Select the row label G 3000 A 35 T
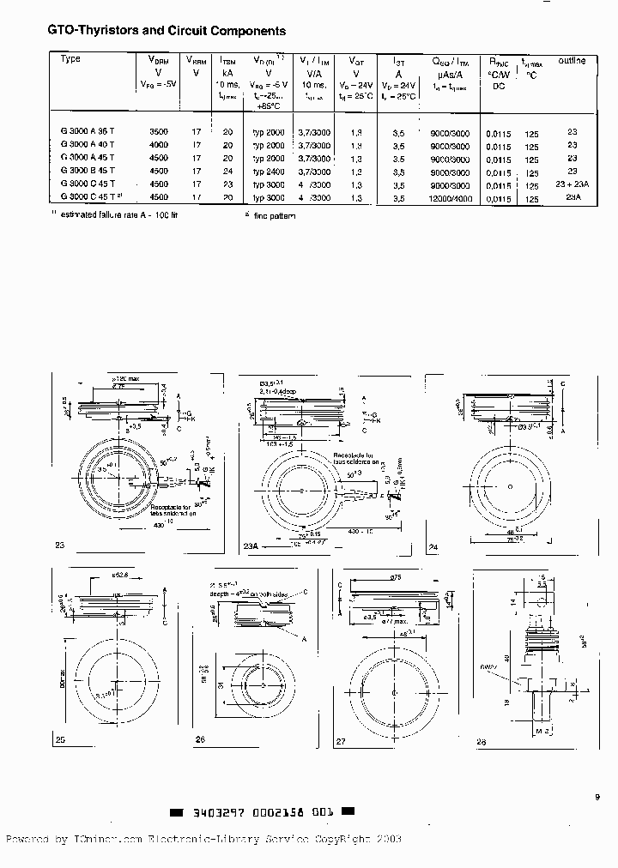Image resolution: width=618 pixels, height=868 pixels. click(88, 131)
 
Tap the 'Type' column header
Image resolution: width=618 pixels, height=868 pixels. click(71, 59)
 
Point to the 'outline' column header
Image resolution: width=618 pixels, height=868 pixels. click(572, 61)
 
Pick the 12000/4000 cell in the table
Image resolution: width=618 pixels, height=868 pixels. click(449, 197)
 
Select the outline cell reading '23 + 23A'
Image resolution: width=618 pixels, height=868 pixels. click(572, 184)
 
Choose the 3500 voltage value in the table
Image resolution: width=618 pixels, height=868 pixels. click(159, 131)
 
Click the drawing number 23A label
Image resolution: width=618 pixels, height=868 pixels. click(251, 546)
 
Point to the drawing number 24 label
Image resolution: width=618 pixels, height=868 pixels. click(433, 546)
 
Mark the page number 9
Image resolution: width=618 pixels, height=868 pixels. click(597, 797)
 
